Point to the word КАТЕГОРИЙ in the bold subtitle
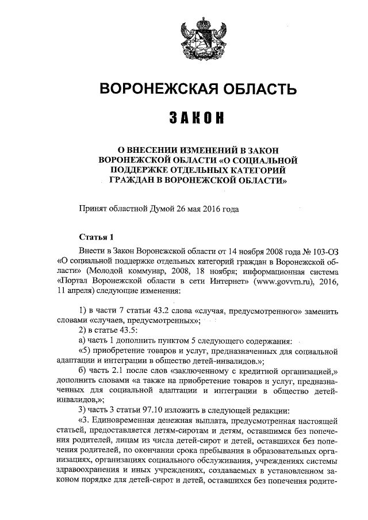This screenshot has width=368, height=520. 254,170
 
